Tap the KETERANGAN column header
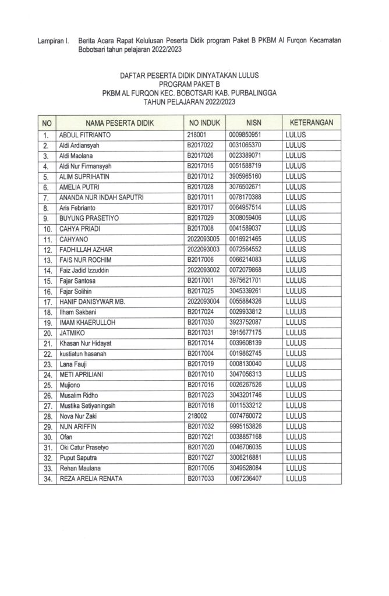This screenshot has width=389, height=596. pos(312,123)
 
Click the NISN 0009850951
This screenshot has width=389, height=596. pos(249,135)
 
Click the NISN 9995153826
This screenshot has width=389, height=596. pos(249,427)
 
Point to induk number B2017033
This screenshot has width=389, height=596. pos(201,479)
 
